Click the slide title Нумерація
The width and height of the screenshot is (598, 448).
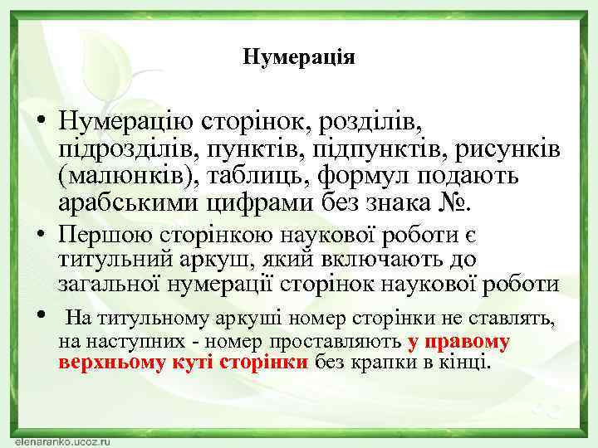coord(299,57)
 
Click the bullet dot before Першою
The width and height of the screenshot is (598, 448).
coord(40,235)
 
